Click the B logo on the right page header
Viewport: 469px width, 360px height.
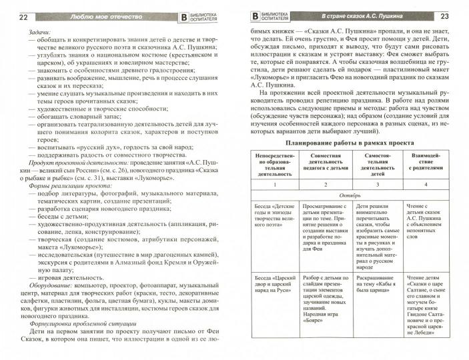coord(254,15)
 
